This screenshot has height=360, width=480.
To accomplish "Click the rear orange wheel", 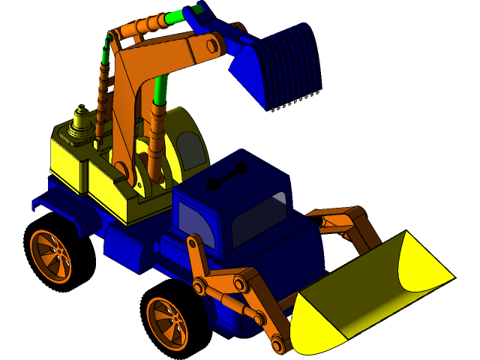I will pos(50,255).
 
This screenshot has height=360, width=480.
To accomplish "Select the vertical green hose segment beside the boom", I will pos(160,90).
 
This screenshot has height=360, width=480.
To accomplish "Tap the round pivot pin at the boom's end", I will pos(212,46).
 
